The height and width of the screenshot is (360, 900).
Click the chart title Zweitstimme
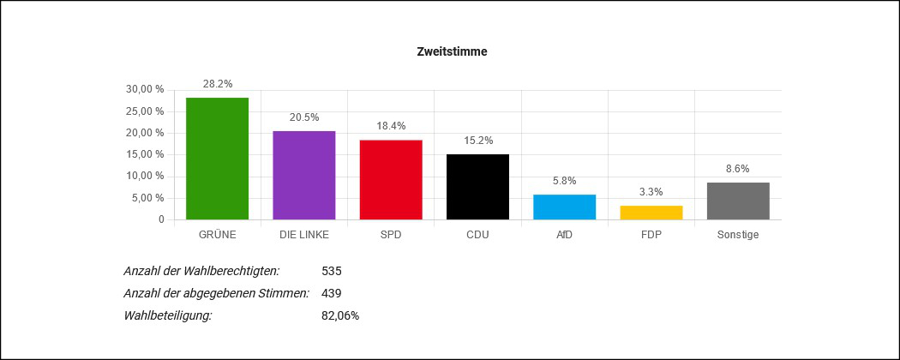click(x=452, y=52)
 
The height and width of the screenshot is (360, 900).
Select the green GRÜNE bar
click(x=217, y=159)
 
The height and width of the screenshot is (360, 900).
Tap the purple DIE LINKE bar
click(x=303, y=175)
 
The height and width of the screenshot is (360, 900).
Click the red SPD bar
click(x=391, y=179)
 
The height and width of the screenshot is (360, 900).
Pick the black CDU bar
click(x=477, y=187)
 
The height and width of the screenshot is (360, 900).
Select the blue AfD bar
click(x=564, y=207)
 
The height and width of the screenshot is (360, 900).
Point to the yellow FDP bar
click(x=651, y=213)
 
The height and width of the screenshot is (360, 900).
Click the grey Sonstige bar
click(x=738, y=201)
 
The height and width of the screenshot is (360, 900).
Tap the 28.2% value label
click(x=217, y=84)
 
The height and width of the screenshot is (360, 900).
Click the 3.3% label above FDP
click(x=651, y=192)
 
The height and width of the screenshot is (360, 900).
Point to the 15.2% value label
click(x=477, y=141)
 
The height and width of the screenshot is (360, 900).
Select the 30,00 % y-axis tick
click(x=145, y=89)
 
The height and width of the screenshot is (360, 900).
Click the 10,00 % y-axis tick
click(x=145, y=177)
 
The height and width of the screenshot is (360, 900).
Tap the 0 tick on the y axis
click(x=160, y=219)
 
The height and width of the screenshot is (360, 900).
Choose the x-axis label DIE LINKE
click(x=303, y=234)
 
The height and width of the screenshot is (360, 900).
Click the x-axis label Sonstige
click(x=738, y=234)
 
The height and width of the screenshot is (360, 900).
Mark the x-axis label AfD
click(x=564, y=234)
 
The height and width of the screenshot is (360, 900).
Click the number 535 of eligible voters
click(x=332, y=271)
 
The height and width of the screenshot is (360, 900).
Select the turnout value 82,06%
click(x=340, y=315)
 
